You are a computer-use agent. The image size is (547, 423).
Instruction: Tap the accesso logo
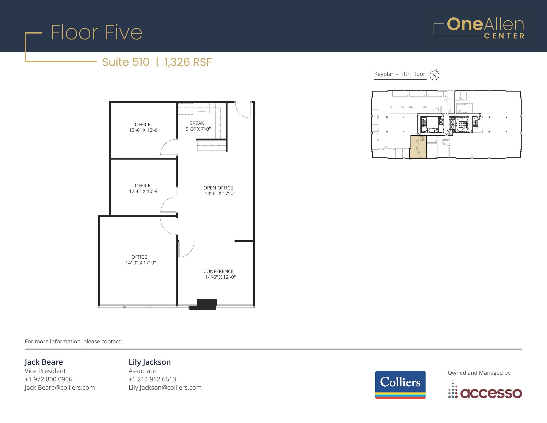[485, 392]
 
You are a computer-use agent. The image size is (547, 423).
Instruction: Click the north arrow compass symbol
[434, 75]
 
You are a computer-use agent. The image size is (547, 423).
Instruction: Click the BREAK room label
[197, 123]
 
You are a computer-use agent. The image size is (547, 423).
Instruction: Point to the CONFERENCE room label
[218, 271]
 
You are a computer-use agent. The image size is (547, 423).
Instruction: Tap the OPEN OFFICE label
[218, 188]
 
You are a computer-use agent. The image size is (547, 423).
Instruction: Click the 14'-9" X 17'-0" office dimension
[140, 263]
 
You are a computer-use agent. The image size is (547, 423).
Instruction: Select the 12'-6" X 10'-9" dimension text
[144, 191]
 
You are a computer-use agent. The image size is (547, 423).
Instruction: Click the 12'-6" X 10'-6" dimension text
[144, 130]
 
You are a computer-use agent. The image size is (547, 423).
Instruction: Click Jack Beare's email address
[60, 387]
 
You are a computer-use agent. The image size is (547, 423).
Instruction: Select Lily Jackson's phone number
[152, 379]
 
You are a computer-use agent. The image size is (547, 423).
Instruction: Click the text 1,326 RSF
[188, 62]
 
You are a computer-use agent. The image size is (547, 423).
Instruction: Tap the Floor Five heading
[96, 33]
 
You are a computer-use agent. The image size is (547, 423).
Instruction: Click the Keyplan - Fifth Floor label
[399, 74]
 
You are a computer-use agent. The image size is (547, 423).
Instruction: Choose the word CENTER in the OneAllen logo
[504, 36]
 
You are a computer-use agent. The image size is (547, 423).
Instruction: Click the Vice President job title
[45, 371]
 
